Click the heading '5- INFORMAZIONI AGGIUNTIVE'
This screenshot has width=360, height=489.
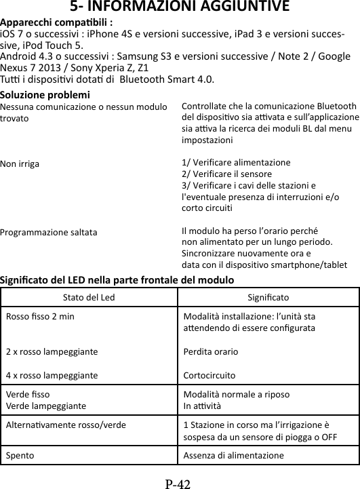pos(180,7)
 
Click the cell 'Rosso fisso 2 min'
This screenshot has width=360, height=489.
pos(41,316)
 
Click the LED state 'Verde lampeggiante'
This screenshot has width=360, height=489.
pos(46,406)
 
